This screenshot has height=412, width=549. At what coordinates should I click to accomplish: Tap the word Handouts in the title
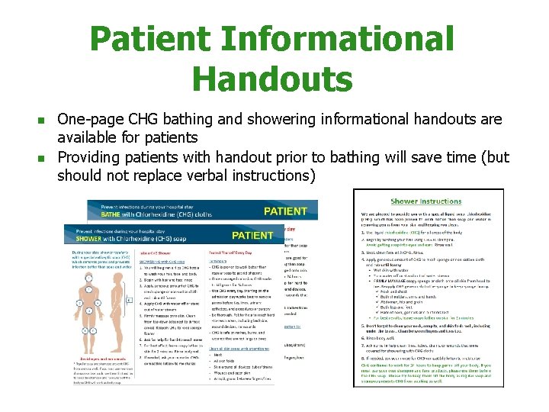[x=273, y=79]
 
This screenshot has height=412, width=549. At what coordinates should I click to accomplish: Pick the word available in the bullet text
[x=88, y=138]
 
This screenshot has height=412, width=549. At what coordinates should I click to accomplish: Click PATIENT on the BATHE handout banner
[x=285, y=211]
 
